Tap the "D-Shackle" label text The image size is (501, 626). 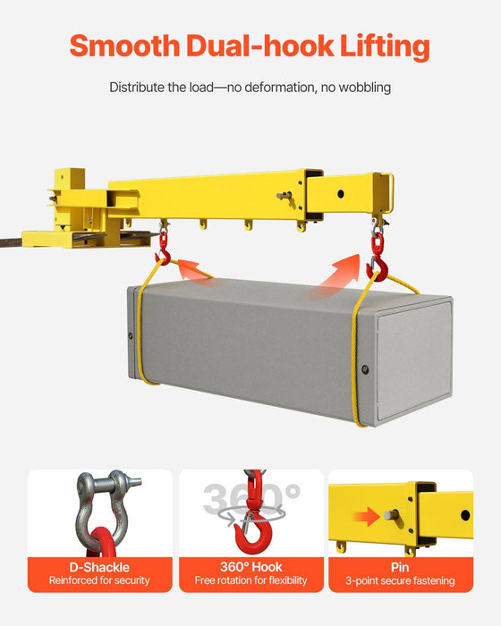click(x=99, y=567)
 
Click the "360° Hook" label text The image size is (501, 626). click(x=250, y=567)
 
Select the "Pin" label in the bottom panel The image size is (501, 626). click(x=400, y=567)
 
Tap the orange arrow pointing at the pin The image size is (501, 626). click(x=361, y=516)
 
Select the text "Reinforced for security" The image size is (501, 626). click(x=99, y=581)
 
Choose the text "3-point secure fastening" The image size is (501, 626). click(x=400, y=581)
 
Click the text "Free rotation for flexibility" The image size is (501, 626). click(x=250, y=581)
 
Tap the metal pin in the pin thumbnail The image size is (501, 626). click(x=391, y=515)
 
